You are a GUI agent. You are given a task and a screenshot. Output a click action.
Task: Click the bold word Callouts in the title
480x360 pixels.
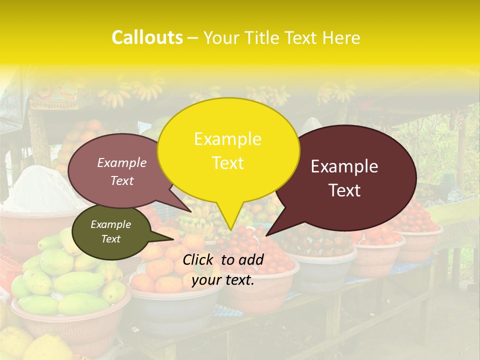147,37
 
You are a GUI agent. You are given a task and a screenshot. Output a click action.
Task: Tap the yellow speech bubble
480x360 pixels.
228,150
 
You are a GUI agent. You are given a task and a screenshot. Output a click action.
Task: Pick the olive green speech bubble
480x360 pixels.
111,231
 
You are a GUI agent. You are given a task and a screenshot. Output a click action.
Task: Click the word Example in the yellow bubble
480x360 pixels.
227,139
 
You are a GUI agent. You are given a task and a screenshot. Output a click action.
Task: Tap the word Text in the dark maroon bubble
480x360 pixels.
345,190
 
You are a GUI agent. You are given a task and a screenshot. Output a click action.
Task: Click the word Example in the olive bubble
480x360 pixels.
110,224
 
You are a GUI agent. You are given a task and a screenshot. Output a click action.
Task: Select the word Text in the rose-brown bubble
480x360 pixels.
122,181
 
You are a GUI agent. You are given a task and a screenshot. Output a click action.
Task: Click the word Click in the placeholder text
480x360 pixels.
198,259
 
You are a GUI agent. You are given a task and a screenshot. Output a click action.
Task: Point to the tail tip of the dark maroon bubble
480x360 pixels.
266,235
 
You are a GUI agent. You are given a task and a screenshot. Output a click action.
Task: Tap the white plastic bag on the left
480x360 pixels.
40,190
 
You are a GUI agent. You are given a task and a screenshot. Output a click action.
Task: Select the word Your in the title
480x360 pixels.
222,37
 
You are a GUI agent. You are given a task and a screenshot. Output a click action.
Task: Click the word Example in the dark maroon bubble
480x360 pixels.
344,166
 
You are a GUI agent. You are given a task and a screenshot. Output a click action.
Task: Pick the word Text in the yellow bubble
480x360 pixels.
228,163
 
